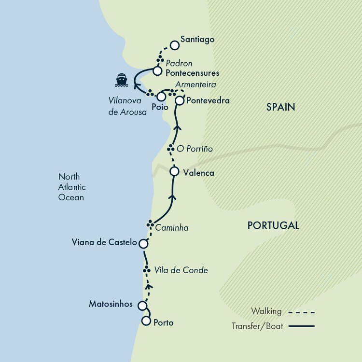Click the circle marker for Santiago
[174, 45]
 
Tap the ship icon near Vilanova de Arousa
[121, 80]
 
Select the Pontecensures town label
[192, 73]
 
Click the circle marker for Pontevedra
[179, 101]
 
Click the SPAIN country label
[280, 107]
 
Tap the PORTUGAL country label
[273, 225]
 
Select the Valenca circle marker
[174, 171]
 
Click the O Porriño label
[195, 149]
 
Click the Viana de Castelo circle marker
[143, 244]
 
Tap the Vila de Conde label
[181, 270]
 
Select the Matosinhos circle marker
[142, 306]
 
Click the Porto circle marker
[146, 321]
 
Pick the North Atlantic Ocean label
[71, 187]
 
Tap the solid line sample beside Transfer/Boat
[302, 327]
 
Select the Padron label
[179, 63]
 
